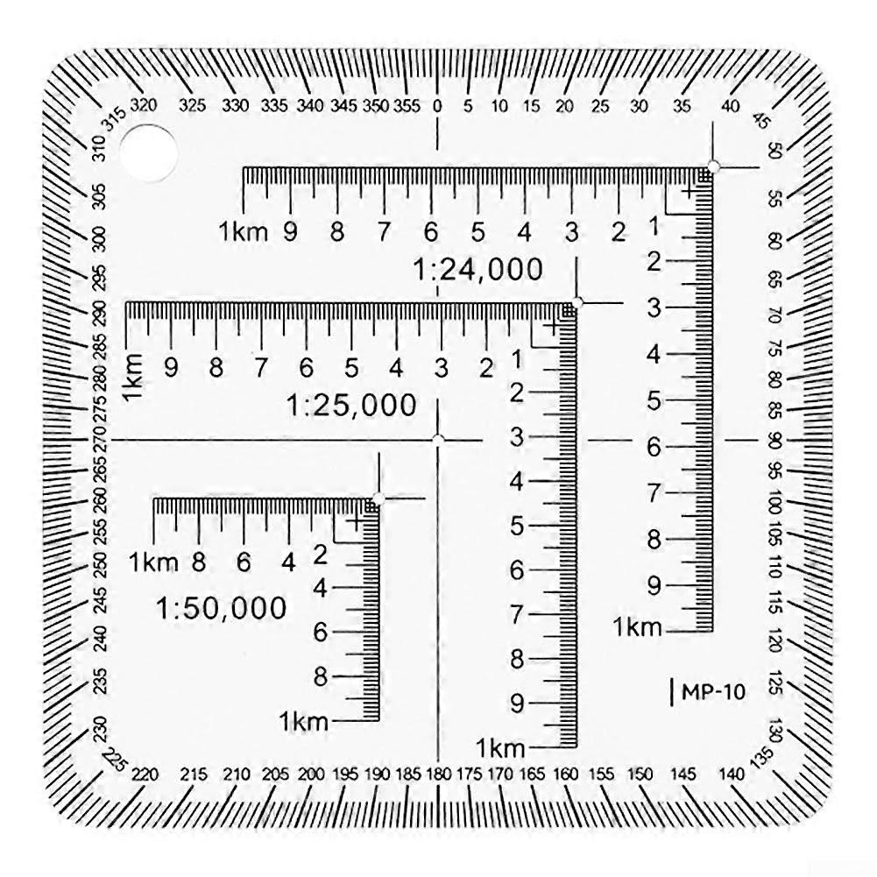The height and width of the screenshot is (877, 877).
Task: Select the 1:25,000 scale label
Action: [x=351, y=405]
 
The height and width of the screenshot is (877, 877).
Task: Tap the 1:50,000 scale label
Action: [x=222, y=607]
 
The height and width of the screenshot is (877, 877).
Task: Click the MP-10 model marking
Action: [x=710, y=692]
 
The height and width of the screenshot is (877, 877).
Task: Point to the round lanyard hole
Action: [x=148, y=152]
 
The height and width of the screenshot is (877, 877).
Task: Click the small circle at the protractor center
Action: [x=438, y=439]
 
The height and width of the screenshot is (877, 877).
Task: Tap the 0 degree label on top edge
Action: [x=438, y=106]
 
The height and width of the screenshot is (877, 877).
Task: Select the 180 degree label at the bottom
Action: [x=436, y=774]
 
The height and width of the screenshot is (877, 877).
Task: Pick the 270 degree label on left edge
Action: [x=101, y=438]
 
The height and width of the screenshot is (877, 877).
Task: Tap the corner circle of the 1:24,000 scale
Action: [x=713, y=166]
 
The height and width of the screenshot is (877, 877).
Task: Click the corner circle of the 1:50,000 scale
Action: [x=378, y=499]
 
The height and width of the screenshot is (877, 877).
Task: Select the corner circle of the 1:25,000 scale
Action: [x=577, y=302]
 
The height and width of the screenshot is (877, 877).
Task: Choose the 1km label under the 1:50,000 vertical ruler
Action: [x=303, y=722]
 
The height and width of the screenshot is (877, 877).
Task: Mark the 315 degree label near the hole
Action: [x=113, y=118]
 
